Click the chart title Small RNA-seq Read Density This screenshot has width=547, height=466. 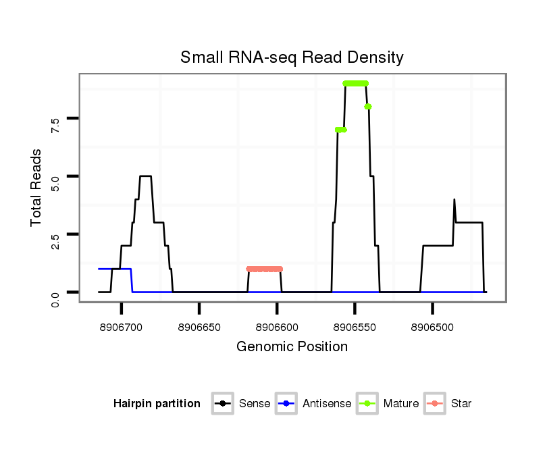pyautogui.click(x=292, y=57)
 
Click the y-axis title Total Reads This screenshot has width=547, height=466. pyautogui.click(x=38, y=187)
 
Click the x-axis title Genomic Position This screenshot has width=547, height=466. pyautogui.click(x=292, y=347)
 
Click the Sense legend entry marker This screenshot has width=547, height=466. pyautogui.click(x=223, y=404)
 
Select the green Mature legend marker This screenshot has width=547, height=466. pyautogui.click(x=367, y=404)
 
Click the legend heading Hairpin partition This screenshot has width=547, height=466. pyautogui.click(x=157, y=404)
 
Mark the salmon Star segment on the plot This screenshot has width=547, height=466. pyautogui.click(x=264, y=269)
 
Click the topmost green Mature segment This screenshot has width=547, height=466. pyautogui.click(x=355, y=83)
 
